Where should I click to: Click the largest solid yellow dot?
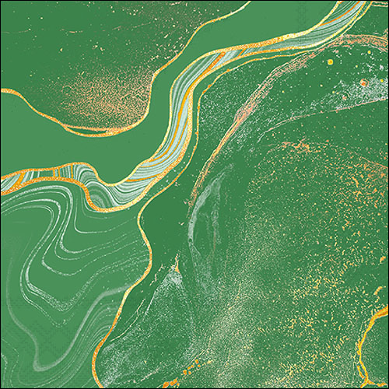330,61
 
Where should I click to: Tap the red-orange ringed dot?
363,82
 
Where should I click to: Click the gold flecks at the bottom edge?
194,366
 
